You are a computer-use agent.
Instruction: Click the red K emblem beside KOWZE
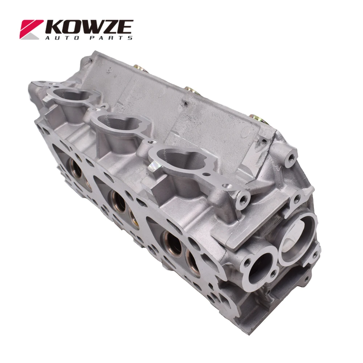(x=31, y=29)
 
